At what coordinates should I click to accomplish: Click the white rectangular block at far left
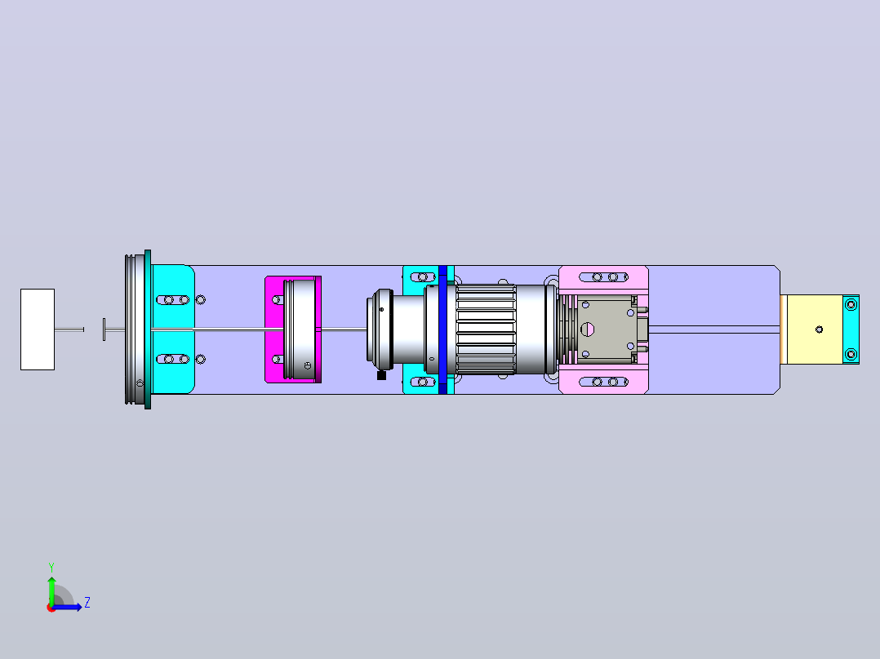38,329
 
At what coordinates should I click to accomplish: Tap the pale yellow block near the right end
814,329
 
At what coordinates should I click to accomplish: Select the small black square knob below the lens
382,375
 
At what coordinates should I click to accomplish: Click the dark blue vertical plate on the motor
442,329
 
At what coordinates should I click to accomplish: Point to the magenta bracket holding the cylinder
274,329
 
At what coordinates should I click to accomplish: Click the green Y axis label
51,568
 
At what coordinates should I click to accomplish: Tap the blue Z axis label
87,603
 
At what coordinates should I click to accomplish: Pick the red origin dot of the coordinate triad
51,608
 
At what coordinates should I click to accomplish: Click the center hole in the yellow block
819,329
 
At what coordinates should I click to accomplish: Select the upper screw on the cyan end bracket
851,304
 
